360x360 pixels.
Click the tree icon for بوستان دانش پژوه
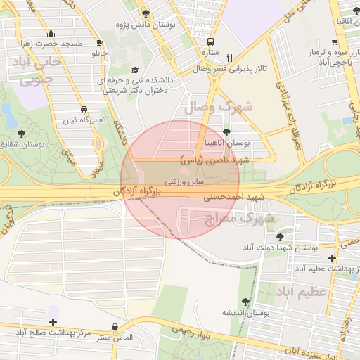(146, 14)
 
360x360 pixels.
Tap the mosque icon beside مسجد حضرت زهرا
(51, 34)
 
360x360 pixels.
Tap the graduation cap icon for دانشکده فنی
(134, 70)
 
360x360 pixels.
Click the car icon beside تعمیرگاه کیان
(84, 110)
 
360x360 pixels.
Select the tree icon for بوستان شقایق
(20, 133)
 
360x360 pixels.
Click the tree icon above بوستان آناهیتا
(226, 131)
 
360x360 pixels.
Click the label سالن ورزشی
(185, 181)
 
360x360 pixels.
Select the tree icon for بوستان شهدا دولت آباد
(281, 237)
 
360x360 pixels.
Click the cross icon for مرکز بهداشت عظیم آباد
(333, 258)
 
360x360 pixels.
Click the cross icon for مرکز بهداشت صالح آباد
(53, 321)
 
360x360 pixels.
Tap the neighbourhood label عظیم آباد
(304, 290)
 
